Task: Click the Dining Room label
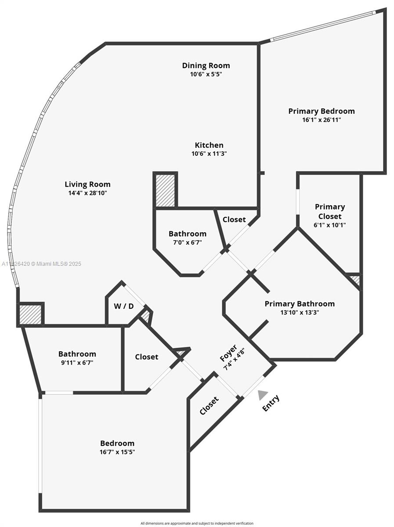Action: (x=206, y=65)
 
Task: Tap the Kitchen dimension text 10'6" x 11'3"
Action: (x=209, y=154)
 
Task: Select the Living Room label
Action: (x=87, y=184)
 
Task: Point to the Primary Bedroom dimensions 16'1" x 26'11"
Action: (x=321, y=119)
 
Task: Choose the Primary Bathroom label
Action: (x=299, y=304)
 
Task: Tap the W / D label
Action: (x=124, y=306)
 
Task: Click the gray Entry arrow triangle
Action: (x=262, y=395)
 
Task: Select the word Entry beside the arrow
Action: (x=271, y=403)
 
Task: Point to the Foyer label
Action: (x=228, y=354)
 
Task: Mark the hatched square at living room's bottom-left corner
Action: (x=31, y=314)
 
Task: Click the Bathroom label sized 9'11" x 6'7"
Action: (x=77, y=354)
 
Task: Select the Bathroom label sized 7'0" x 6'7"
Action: (x=187, y=234)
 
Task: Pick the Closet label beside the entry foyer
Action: (x=209, y=406)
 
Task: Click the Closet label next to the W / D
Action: (x=146, y=357)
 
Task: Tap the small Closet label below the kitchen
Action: (x=234, y=220)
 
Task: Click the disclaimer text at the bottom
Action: (x=197, y=523)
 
